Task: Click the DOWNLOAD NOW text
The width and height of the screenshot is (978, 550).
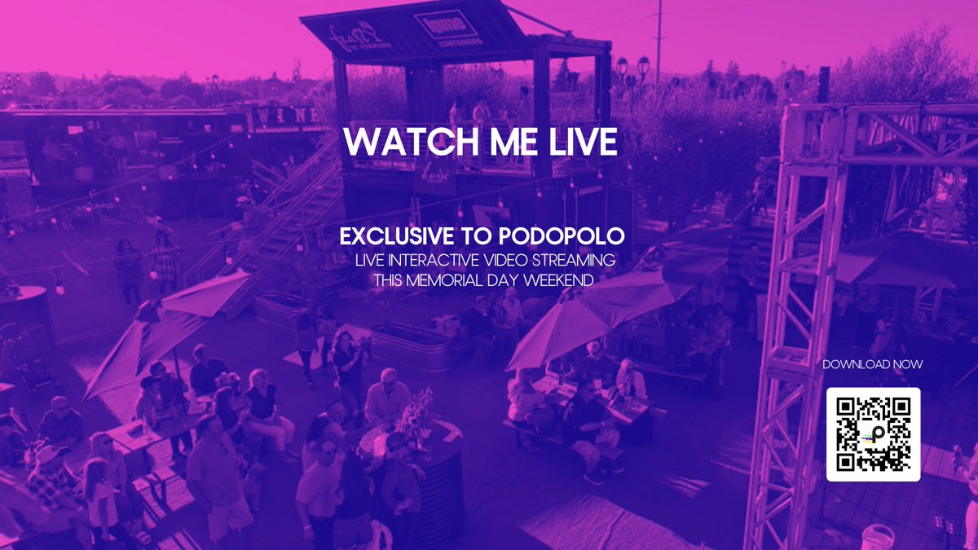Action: tap(872, 364)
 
